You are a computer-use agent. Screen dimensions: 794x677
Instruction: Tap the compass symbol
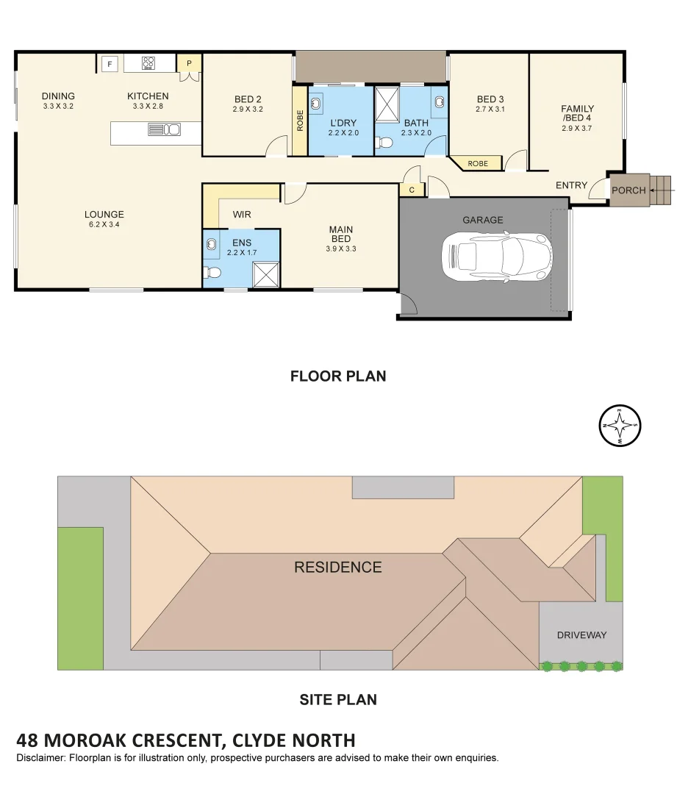point(620,426)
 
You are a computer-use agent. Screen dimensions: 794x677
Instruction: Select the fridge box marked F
point(110,64)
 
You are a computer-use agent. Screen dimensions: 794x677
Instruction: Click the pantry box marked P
point(189,64)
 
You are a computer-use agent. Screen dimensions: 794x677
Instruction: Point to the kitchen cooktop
point(149,63)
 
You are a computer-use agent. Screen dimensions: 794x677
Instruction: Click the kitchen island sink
point(165,130)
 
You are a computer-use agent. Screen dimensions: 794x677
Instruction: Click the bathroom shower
point(388,102)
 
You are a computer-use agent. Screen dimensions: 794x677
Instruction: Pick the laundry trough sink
point(318,102)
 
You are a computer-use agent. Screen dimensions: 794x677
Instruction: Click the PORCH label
point(628,190)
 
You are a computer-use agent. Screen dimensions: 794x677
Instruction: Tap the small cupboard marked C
point(412,190)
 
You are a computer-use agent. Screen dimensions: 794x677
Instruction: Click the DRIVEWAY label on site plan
point(581,634)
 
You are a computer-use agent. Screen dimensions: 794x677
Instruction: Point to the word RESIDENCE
point(338,567)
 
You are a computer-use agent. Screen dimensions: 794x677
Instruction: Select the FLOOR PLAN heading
point(338,376)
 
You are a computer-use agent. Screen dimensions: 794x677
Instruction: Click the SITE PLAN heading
point(338,700)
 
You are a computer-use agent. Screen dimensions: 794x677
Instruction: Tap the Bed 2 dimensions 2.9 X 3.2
point(248,110)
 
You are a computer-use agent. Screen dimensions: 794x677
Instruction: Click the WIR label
point(242,215)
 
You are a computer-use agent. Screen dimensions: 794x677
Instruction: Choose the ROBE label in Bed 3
point(478,163)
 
